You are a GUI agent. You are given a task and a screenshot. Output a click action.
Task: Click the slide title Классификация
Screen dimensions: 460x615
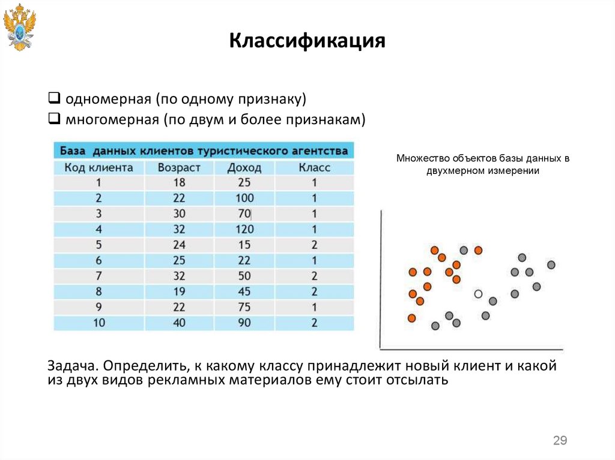point(307,42)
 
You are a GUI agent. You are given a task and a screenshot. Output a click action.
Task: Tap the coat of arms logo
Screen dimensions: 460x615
point(19,26)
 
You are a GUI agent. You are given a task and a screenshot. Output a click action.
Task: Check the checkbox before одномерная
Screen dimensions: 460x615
point(53,97)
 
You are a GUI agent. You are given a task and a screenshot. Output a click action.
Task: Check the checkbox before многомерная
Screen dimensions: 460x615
point(53,119)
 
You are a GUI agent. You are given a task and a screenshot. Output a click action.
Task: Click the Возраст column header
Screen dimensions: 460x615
point(179,167)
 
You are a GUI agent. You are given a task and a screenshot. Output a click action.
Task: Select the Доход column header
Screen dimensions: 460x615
point(244,167)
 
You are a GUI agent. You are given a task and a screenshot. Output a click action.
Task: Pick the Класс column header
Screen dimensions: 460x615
point(314,167)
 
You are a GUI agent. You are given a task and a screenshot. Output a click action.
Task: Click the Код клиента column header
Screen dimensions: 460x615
point(98,167)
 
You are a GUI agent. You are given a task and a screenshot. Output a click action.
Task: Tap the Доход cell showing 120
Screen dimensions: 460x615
point(244,229)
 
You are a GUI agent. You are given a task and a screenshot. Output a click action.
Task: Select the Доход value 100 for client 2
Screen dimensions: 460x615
point(244,198)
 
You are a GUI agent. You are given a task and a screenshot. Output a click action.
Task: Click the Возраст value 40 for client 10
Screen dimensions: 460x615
point(179,323)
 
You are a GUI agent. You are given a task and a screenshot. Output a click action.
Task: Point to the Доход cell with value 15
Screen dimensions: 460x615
point(244,245)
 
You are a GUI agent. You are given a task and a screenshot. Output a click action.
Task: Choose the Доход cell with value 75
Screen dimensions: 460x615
point(244,307)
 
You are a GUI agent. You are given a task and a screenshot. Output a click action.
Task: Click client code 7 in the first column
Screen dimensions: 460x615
point(98,276)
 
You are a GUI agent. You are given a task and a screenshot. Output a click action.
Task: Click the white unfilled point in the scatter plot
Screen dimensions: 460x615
point(478,294)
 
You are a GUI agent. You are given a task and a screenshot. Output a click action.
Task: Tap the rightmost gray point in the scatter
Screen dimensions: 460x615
point(551,264)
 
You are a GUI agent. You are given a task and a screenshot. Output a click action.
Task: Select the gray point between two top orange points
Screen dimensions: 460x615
point(464,250)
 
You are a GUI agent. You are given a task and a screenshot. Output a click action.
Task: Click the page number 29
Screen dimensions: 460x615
point(560,441)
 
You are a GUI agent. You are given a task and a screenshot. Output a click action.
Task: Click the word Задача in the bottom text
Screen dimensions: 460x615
point(71,366)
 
